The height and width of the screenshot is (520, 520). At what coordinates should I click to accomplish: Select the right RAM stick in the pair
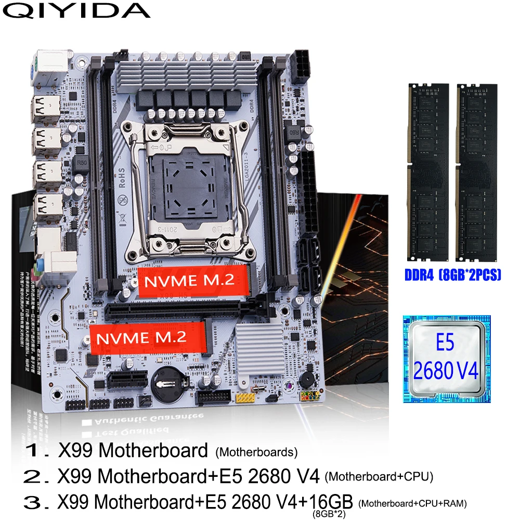(475, 172)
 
